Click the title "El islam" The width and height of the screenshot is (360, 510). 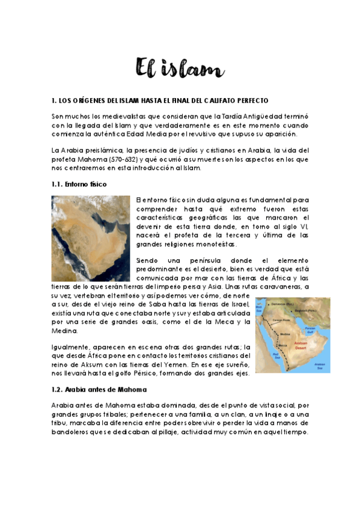[x=180, y=68]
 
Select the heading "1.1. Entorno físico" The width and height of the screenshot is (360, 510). [x=79, y=183]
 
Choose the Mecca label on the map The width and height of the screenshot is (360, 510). [x=284, y=345]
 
